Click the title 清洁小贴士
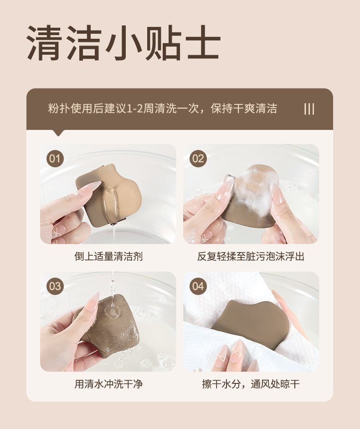click(x=123, y=43)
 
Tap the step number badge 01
click(x=55, y=159)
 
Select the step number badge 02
click(x=198, y=159)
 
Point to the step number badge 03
click(x=55, y=286)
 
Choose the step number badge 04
click(x=198, y=286)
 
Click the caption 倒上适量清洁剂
click(x=108, y=256)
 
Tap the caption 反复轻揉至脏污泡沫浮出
click(x=251, y=256)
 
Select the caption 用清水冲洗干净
click(x=108, y=384)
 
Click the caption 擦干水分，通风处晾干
click(x=251, y=384)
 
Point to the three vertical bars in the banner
click(x=309, y=109)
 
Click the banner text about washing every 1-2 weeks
click(x=163, y=109)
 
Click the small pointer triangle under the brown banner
click(x=58, y=133)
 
